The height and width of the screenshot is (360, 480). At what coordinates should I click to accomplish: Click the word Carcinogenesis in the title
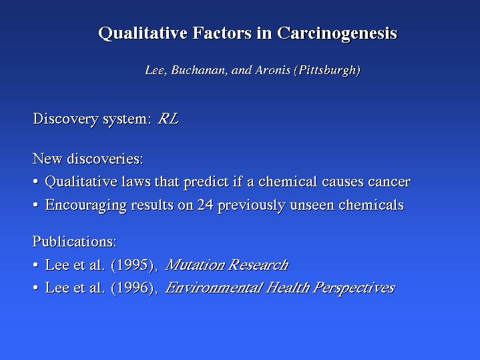click(x=337, y=33)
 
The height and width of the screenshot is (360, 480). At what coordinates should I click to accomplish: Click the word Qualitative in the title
click(x=143, y=33)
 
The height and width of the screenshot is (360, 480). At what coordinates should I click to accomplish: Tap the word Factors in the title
click(x=222, y=33)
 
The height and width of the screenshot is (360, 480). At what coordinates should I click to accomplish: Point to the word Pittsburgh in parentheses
click(x=328, y=71)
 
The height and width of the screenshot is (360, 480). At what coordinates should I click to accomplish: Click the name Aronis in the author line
click(x=273, y=70)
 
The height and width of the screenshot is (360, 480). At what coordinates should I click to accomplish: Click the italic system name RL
click(x=168, y=119)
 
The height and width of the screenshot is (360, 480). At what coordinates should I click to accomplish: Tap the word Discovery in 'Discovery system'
click(x=65, y=119)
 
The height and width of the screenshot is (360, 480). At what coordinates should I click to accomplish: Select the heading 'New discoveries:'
click(x=88, y=159)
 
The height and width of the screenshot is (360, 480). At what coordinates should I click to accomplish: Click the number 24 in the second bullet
click(x=205, y=204)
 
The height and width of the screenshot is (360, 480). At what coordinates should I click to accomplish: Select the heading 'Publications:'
click(x=75, y=241)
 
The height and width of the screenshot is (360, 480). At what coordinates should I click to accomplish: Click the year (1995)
click(x=134, y=265)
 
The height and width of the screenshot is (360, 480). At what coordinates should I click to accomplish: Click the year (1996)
click(x=134, y=288)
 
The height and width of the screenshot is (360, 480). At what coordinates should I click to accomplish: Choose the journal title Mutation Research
click(x=227, y=264)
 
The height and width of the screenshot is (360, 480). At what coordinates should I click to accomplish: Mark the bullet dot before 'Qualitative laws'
click(x=36, y=182)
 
